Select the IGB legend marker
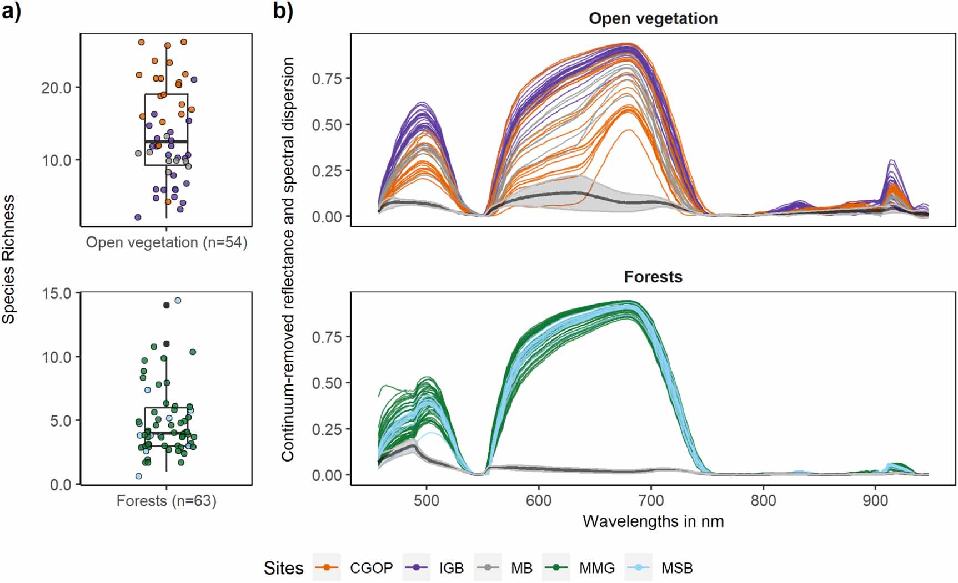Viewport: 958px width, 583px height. pos(416,567)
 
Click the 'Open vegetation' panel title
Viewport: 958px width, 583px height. pos(653,18)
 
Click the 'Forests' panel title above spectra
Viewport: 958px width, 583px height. pos(653,277)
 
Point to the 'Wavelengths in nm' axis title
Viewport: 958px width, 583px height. pos(653,521)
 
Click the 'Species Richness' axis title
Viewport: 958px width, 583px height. pos(8,260)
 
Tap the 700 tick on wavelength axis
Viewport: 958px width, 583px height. pos(651,500)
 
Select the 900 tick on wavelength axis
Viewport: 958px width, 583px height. pos(875,500)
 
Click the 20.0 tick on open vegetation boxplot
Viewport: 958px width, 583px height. pos(56,88)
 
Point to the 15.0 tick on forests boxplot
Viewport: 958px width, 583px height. pos(57,293)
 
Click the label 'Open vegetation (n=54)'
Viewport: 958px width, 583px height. pos(166,242)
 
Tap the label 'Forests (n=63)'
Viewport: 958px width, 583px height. pos(166,501)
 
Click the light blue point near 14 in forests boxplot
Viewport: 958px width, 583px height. pos(178,301)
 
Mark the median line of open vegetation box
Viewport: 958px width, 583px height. pos(166,142)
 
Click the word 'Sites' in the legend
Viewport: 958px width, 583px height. pos(283,568)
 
